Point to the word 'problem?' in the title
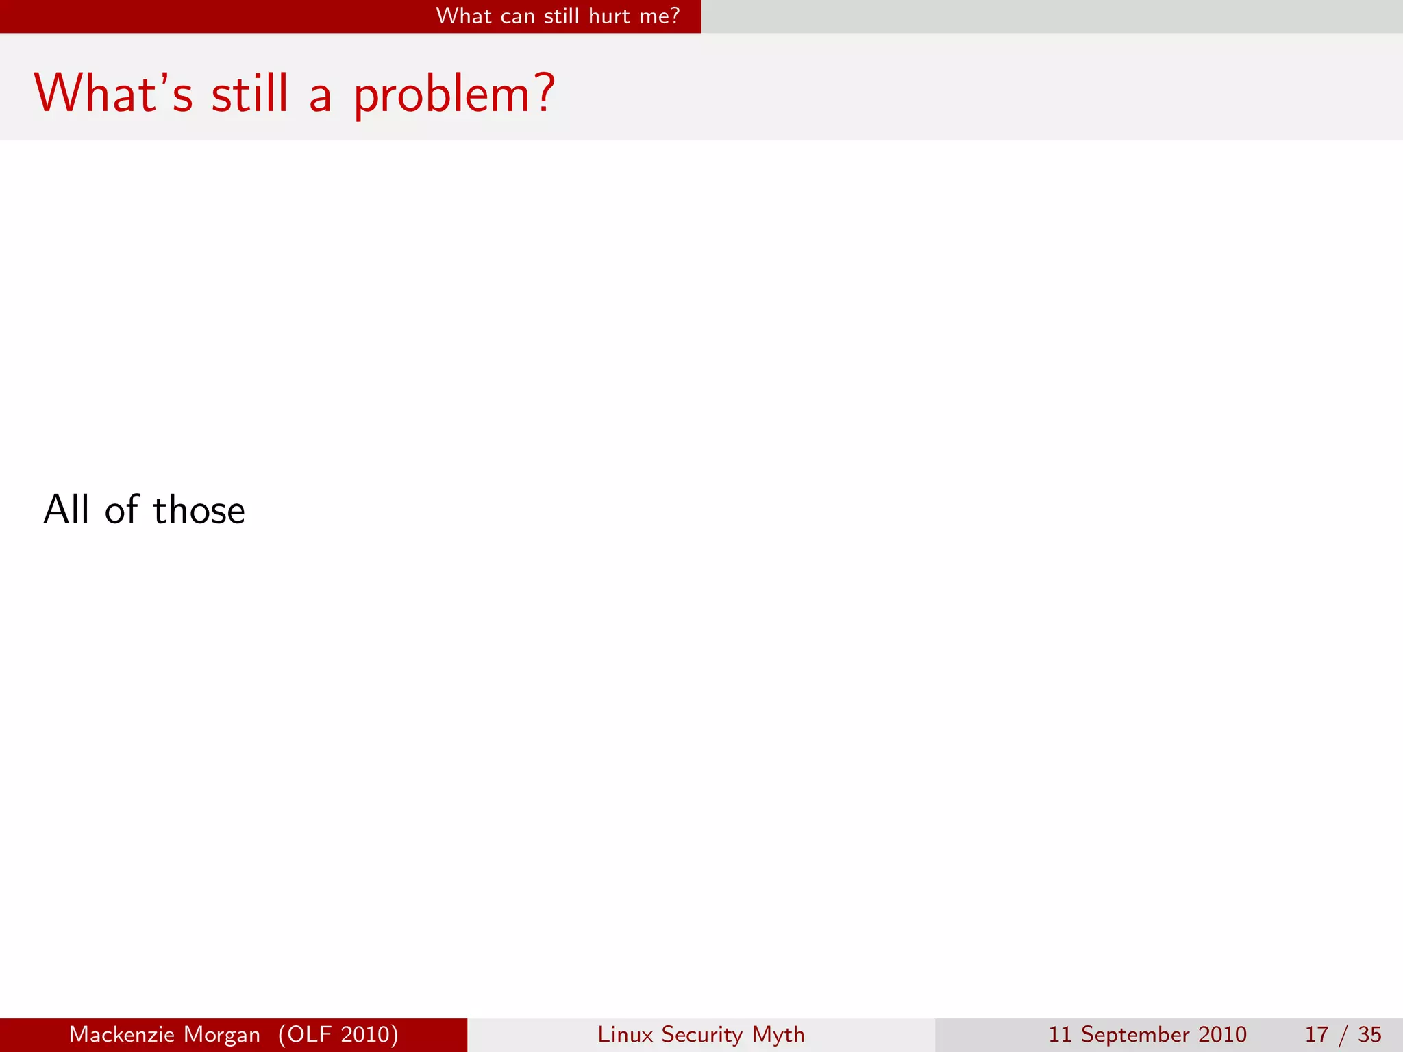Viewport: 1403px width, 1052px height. pyautogui.click(x=454, y=95)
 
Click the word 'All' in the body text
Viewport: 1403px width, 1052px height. pyautogui.click(x=66, y=510)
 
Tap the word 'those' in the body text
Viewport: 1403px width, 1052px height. pyautogui.click(x=199, y=510)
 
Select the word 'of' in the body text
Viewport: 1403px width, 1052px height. pyautogui.click(x=122, y=510)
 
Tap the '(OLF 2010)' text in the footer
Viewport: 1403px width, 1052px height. pyautogui.click(x=338, y=1034)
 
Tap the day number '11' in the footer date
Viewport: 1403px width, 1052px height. pyautogui.click(x=1059, y=1034)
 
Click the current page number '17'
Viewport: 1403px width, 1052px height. pyautogui.click(x=1317, y=1034)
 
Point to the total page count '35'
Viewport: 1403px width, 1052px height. pyautogui.click(x=1369, y=1034)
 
